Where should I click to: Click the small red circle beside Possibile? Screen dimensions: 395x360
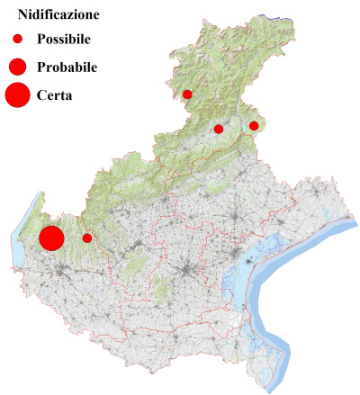(x=17, y=40)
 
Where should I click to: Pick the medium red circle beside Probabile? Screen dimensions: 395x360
(x=17, y=67)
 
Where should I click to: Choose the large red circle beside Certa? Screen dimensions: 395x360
(x=17, y=94)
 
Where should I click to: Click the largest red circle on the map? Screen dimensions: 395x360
(x=51, y=238)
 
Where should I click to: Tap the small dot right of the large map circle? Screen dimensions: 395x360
(x=87, y=238)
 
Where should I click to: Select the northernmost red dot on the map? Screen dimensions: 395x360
(x=187, y=94)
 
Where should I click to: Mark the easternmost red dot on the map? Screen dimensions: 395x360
(x=254, y=126)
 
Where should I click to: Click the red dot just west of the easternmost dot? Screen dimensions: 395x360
(x=219, y=130)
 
